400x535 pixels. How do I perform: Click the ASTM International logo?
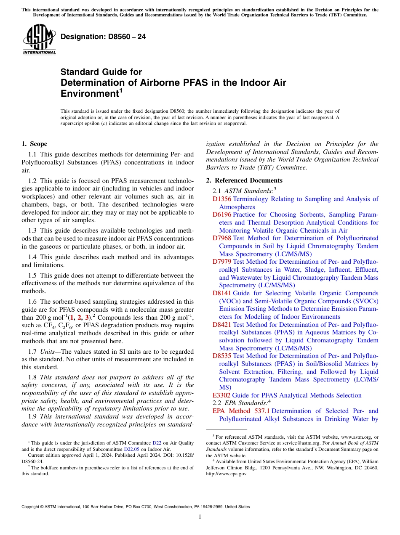tap(39, 39)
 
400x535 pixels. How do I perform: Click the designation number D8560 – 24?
tap(103, 37)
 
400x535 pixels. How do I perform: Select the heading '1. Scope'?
tap(34, 144)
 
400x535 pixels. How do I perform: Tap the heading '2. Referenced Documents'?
tap(241, 180)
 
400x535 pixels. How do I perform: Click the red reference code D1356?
tap(222, 199)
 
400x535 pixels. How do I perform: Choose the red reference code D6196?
tap(222, 215)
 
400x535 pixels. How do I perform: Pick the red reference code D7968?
tap(222, 238)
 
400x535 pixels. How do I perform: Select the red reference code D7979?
tap(222, 262)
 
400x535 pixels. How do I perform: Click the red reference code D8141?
tap(222, 293)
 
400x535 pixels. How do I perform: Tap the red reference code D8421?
tap(222, 325)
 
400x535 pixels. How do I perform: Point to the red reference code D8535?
tap(222, 356)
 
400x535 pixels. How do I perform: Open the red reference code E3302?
tap(221, 395)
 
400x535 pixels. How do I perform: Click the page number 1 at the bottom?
tap(200, 517)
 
